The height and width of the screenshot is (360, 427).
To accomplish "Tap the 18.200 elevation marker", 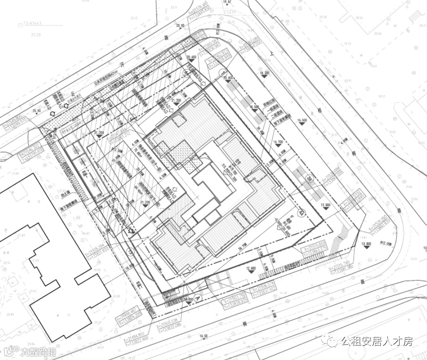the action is point(263,74).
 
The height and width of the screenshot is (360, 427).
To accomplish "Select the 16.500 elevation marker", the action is point(302,120).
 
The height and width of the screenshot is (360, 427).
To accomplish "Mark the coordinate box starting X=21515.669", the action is point(314,249).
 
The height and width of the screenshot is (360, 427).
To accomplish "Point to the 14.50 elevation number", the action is point(204,336).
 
